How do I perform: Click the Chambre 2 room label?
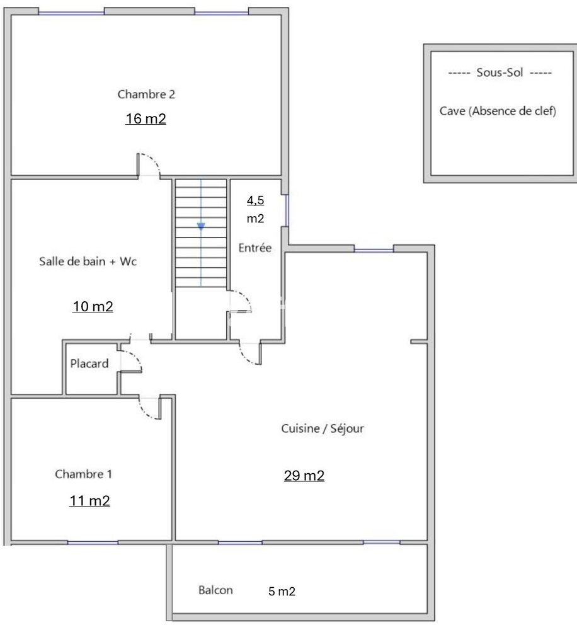(146, 95)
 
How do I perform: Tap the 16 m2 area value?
(146, 119)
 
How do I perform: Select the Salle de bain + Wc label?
(88, 262)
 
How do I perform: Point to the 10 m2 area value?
(93, 307)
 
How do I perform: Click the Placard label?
(89, 364)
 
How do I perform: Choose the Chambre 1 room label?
(84, 474)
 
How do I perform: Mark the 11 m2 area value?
(89, 502)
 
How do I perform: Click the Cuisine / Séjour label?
(323, 428)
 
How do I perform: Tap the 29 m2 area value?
(304, 476)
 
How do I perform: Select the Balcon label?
(215, 590)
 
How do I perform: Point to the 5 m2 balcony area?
(282, 592)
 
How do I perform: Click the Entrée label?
(254, 248)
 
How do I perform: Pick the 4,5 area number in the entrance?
(255, 201)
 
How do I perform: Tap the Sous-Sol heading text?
(500, 73)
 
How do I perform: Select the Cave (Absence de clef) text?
(498, 112)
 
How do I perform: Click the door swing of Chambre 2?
(151, 164)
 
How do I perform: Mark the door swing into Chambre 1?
(149, 409)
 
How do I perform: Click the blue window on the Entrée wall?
(287, 210)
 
